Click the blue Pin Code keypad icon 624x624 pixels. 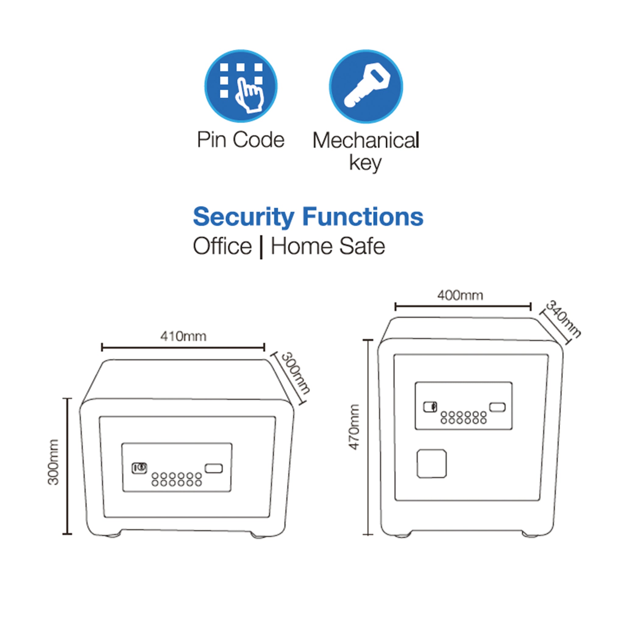click(241, 86)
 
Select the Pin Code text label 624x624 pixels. click(241, 140)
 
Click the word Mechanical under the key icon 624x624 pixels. click(366, 140)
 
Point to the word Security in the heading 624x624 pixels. click(243, 217)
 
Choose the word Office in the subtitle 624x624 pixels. click(222, 246)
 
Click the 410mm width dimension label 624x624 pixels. click(183, 337)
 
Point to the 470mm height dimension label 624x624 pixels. click(354, 427)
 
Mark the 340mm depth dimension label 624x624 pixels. click(563, 319)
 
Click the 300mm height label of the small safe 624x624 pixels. click(54, 462)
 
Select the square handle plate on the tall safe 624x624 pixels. click(431, 463)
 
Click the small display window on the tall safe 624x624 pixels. click(497, 407)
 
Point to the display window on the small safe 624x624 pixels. click(214, 468)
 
